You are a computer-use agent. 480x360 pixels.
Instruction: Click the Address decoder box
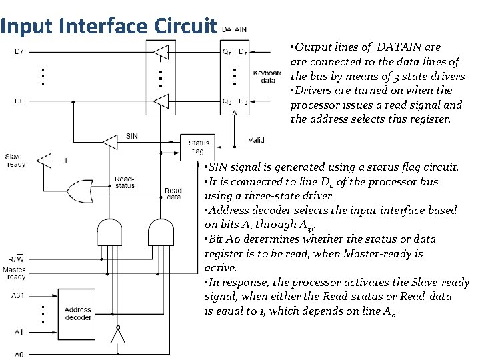79,313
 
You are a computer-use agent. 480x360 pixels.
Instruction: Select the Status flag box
199,147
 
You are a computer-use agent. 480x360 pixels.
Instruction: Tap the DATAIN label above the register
233,29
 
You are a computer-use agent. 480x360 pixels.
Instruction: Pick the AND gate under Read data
161,233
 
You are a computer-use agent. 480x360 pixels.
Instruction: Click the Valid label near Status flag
256,140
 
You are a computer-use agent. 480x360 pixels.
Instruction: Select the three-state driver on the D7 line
160,52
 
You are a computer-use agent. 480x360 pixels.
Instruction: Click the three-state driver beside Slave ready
43,160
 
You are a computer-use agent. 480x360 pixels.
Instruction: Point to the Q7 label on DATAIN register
227,52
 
